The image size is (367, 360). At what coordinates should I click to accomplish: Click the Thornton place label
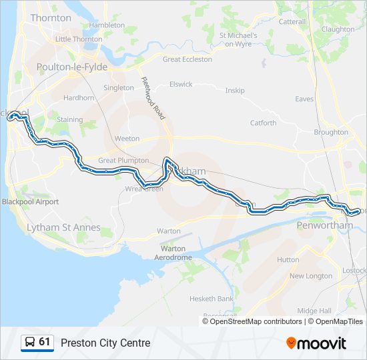51,18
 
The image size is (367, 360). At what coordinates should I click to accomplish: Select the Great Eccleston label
188,59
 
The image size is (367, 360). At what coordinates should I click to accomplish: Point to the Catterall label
292,22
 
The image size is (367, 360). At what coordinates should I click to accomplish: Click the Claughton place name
338,29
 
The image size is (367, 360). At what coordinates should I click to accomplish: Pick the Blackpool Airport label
30,201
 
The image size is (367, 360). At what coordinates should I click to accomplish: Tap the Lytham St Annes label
63,228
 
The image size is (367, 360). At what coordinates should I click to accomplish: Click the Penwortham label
324,226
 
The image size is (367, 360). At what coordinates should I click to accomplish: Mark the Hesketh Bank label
212,299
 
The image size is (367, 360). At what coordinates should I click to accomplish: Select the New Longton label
310,276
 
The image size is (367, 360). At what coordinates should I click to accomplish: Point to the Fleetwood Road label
152,99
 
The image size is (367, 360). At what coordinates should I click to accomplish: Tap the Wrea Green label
144,189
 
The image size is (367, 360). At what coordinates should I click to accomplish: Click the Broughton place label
331,133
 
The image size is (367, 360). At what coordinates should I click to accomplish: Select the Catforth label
263,123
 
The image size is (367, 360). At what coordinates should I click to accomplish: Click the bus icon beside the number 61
30,343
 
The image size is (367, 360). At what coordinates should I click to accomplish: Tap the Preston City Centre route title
105,343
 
